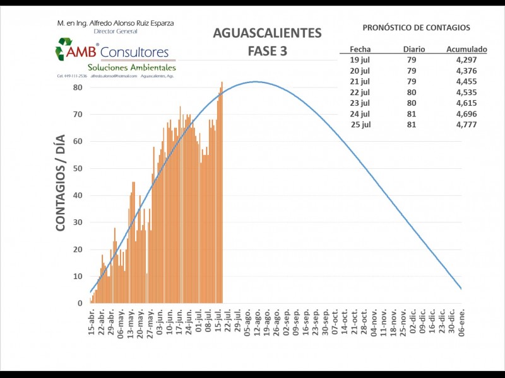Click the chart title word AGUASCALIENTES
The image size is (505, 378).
point(267,33)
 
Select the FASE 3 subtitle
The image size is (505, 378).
point(267,51)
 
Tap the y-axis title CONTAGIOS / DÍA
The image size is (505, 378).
point(61,186)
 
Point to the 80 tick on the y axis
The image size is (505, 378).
point(78,87)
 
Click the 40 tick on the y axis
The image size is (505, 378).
point(78,195)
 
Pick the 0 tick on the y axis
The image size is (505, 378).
point(80,303)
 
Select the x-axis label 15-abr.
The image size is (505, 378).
point(92,322)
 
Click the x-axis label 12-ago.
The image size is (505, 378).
point(256,322)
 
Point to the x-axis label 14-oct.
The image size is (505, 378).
point(344,322)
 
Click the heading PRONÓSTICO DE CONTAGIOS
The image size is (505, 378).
point(416,28)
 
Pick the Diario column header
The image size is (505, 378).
point(414,49)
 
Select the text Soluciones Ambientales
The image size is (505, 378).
point(131,67)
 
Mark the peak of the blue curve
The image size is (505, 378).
point(256,81)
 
